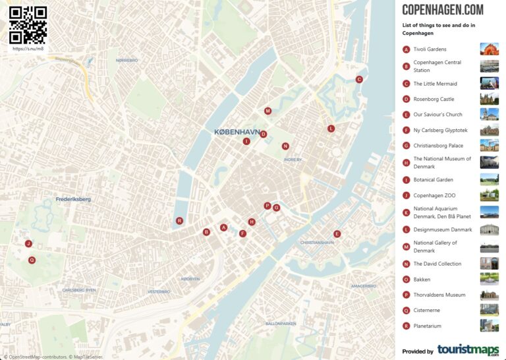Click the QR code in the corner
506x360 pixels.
[28, 24]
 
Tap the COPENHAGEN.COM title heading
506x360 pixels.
[442, 10]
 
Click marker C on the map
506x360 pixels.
[359, 79]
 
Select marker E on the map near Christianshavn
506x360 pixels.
[337, 234]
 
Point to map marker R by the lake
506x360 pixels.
[179, 221]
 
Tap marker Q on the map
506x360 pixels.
[32, 260]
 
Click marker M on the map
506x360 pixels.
[267, 111]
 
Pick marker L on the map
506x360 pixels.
[331, 129]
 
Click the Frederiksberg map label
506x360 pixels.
[73, 199]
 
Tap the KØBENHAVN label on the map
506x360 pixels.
[237, 132]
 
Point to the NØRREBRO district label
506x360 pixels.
[126, 60]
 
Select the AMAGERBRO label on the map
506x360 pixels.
[363, 286]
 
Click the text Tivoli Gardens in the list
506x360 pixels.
[430, 49]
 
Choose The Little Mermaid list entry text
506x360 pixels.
[435, 84]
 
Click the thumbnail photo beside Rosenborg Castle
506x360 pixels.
[490, 100]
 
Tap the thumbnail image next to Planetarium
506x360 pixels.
[490, 326]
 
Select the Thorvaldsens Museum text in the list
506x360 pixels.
[439, 295]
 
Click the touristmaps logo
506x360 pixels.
[468, 350]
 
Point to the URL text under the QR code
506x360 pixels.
[28, 49]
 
